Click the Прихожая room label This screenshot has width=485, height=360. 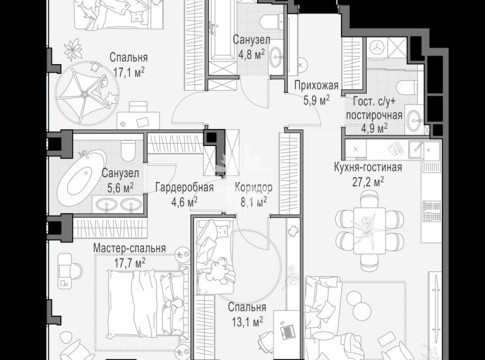point(316,86)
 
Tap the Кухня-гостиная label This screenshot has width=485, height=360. point(368,167)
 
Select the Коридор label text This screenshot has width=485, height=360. point(254,187)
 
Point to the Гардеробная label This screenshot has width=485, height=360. point(184,187)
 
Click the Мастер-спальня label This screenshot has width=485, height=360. point(129,248)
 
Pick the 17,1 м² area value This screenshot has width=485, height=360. point(129,72)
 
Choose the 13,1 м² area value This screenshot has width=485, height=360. point(247,322)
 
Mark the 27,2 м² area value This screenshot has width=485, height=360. point(368,182)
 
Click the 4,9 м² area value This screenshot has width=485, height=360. point(374,128)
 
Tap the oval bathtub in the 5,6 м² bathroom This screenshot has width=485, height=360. point(82,176)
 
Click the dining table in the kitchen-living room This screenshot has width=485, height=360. point(369,231)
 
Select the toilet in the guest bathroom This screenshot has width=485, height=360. point(407,87)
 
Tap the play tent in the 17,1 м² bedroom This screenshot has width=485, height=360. point(87,93)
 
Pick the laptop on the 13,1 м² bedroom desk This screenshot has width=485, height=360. point(287,331)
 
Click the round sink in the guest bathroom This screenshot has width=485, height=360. point(414,118)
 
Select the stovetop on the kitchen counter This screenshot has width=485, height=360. point(432,211)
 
